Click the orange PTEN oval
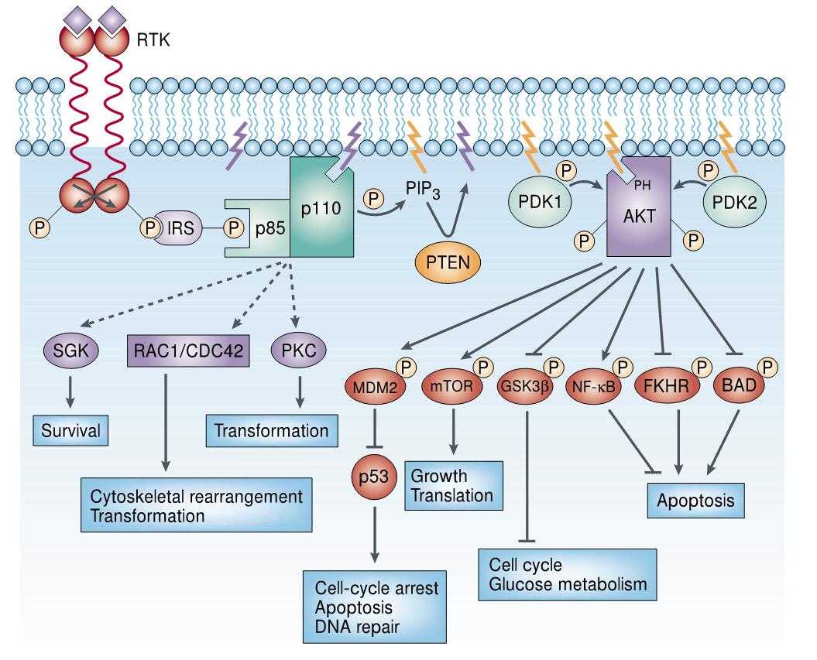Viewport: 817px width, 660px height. point(447,264)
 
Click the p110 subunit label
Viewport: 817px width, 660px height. point(323,210)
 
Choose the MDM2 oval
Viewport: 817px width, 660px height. point(375,384)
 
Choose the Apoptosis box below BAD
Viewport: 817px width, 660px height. point(695,501)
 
